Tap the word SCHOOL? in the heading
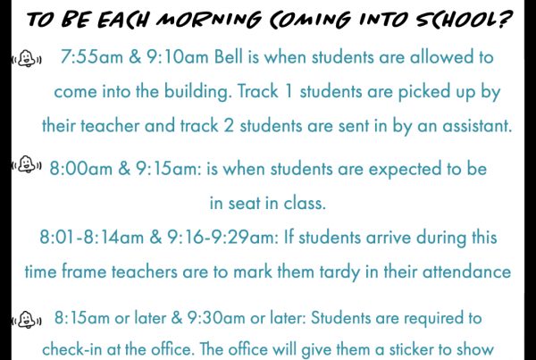pos(465,19)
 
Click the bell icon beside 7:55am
pos(27,58)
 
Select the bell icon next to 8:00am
pos(27,164)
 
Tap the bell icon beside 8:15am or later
pos(27,320)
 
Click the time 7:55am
pos(92,57)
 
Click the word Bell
pos(229,57)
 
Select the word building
pos(197,92)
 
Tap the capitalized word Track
pos(258,91)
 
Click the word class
pos(305,203)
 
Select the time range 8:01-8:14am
pos(92,237)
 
